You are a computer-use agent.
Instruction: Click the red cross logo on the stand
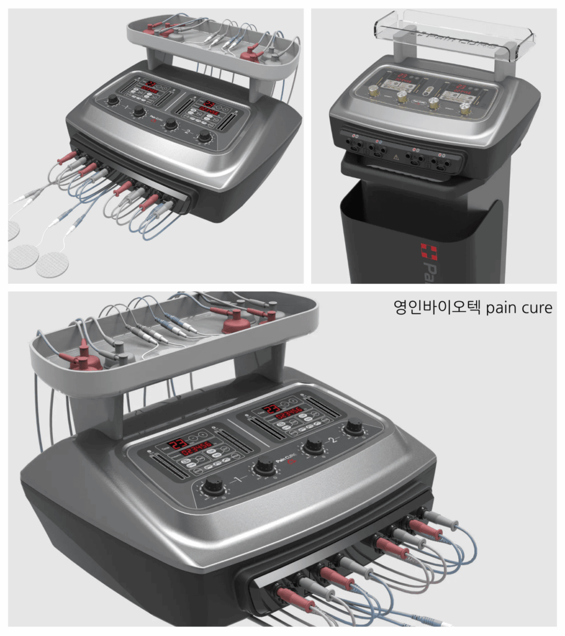click(x=428, y=252)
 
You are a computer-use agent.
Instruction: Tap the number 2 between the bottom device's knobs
click(x=335, y=440)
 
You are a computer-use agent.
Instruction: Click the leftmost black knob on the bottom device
click(x=213, y=486)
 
